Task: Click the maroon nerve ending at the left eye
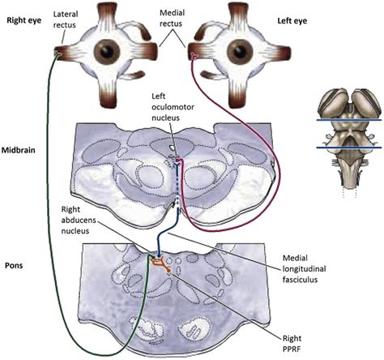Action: tap(194, 56)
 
